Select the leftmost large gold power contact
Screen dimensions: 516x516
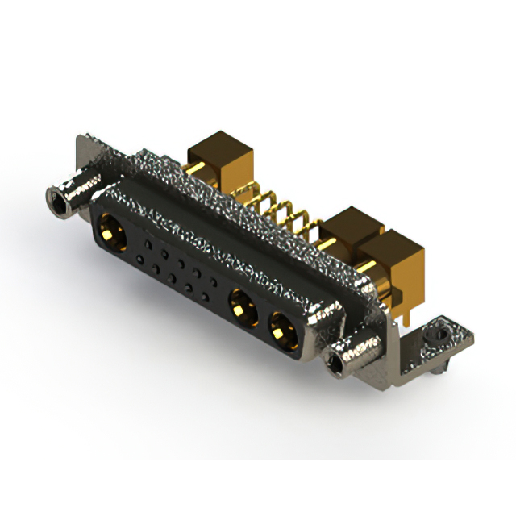[x=112, y=235]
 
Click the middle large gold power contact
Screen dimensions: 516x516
[x=240, y=306]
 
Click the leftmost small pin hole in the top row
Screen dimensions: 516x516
[x=148, y=242]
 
